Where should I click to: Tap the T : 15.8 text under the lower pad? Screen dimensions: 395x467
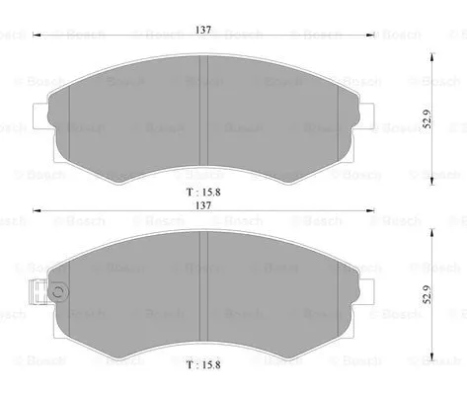[203, 364]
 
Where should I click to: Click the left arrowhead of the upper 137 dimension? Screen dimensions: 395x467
[37, 36]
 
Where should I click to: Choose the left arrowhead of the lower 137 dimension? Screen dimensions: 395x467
[37, 209]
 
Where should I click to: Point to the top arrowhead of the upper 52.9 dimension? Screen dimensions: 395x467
[427, 55]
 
